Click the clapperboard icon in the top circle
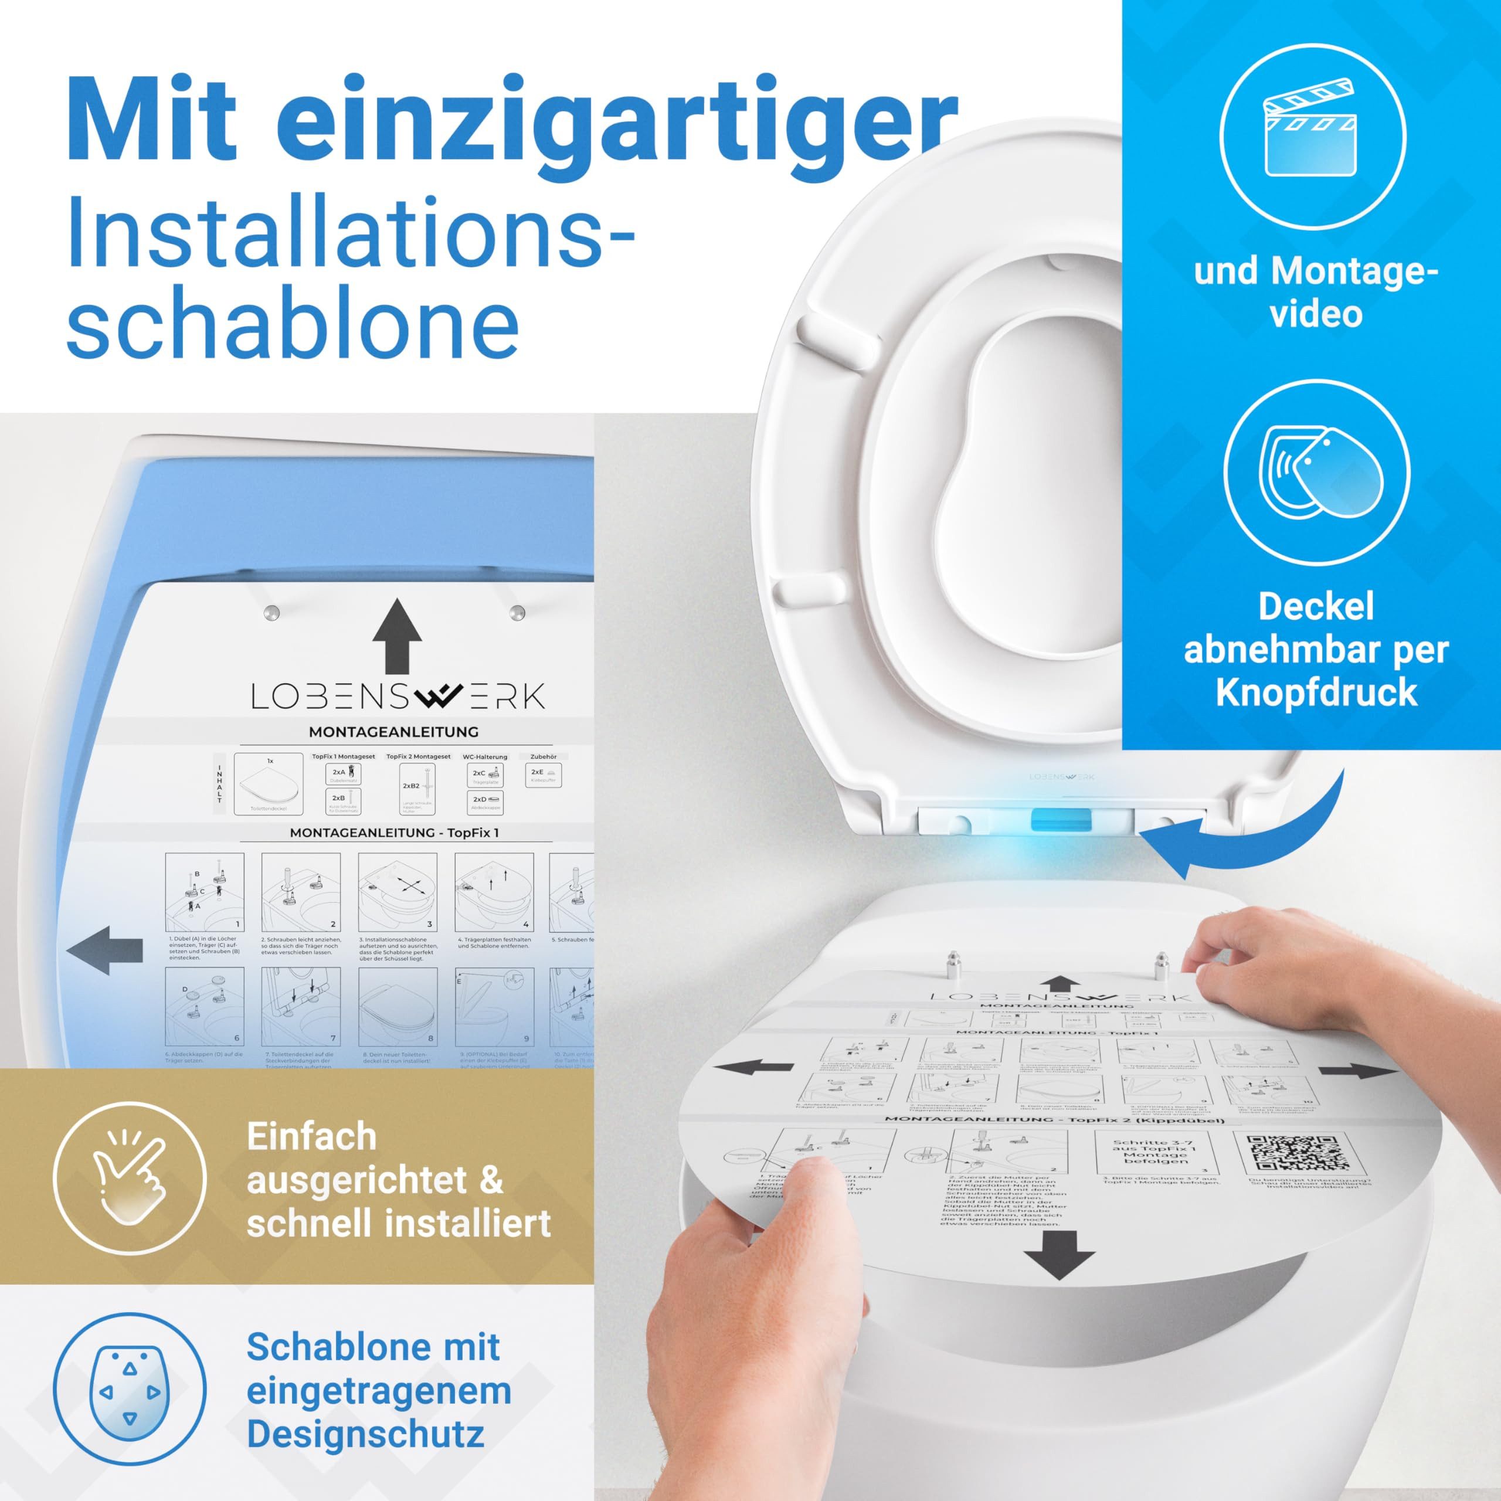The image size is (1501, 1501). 1312,135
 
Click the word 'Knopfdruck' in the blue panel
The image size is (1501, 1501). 1316,692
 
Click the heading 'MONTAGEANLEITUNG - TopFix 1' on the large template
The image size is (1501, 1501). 394,832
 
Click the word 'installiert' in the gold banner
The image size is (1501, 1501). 475,1224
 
